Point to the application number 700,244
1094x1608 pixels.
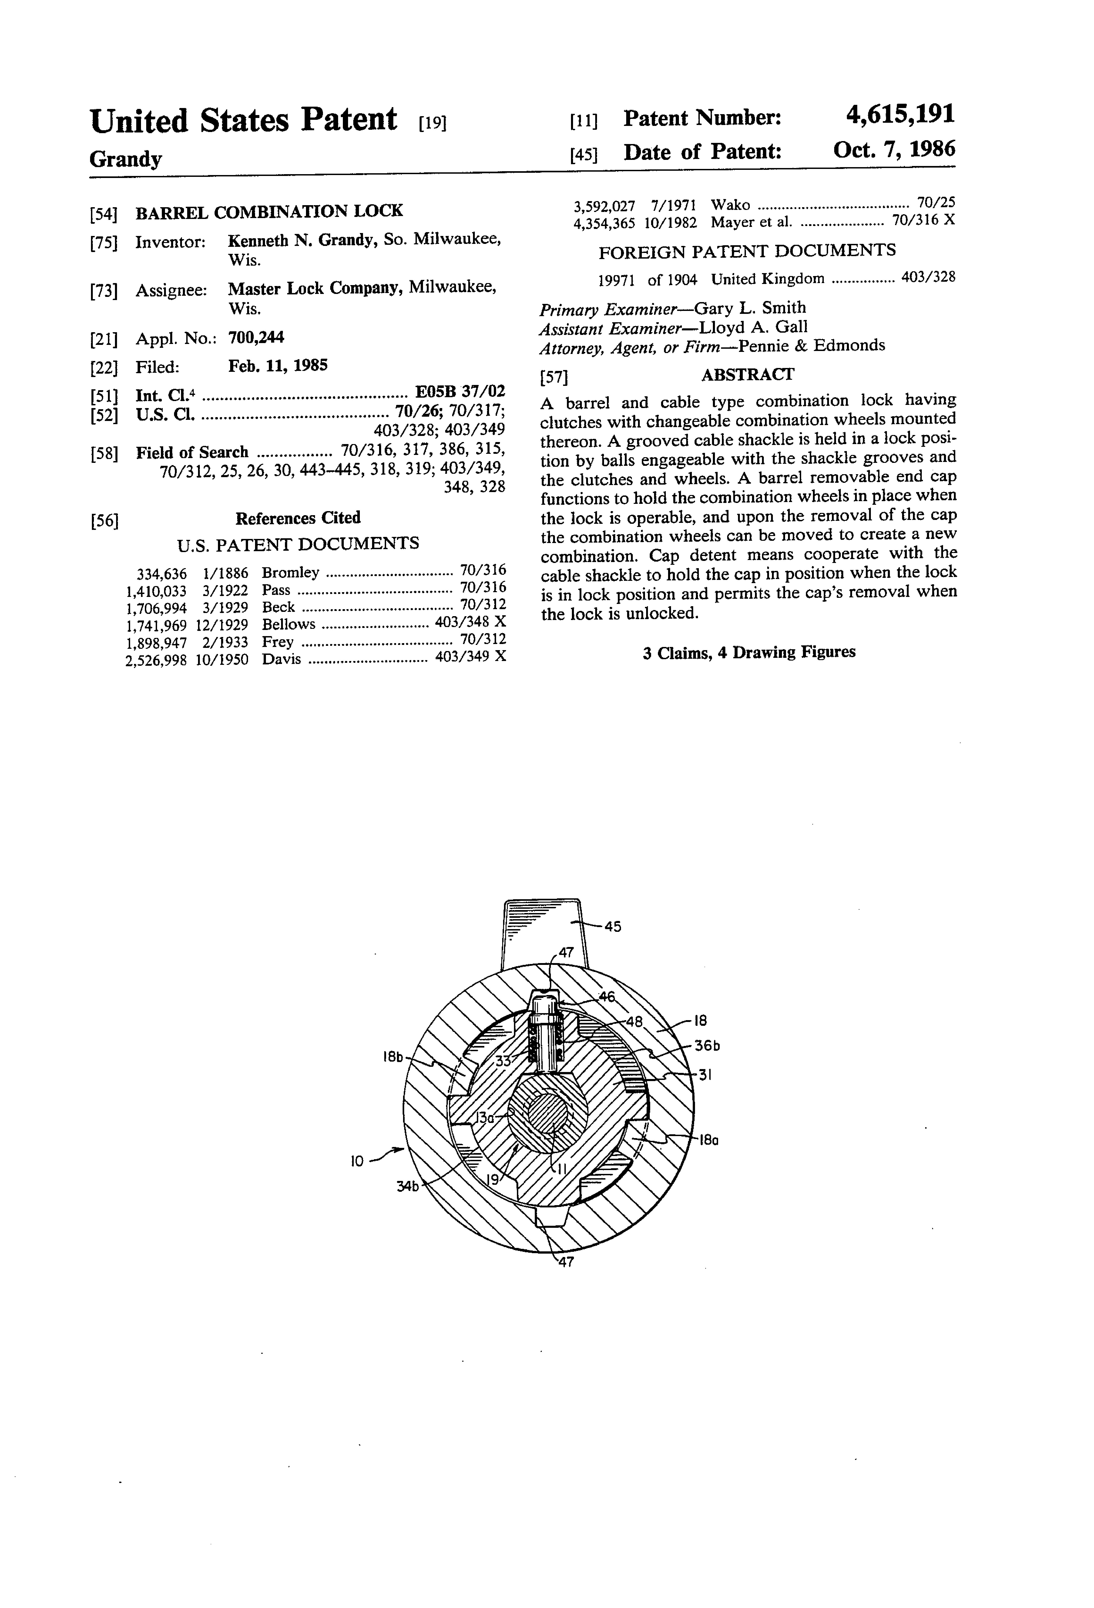(x=256, y=338)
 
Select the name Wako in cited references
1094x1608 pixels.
(x=730, y=205)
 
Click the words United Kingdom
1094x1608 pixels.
(x=768, y=279)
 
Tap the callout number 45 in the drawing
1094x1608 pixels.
(x=613, y=926)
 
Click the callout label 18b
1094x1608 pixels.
(x=393, y=1057)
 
